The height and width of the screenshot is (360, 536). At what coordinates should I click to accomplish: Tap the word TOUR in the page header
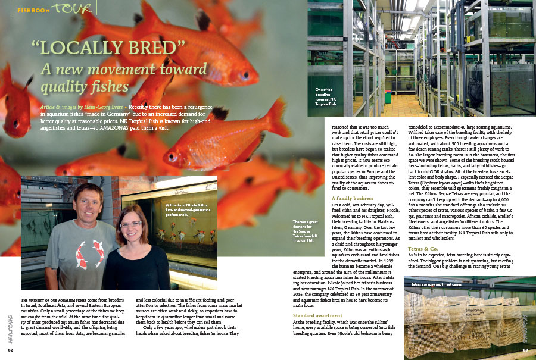click(73, 8)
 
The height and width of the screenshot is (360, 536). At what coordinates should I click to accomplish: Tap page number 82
click(11, 350)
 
